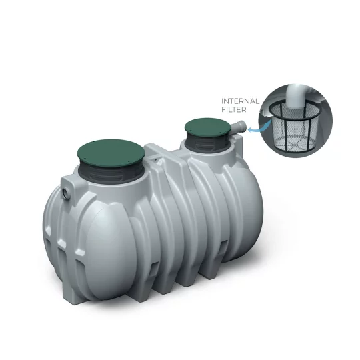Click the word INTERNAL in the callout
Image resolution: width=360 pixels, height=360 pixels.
pos(239,101)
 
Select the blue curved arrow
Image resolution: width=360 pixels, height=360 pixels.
pos(254,130)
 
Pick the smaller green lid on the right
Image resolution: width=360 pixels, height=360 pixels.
pos(208,126)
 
